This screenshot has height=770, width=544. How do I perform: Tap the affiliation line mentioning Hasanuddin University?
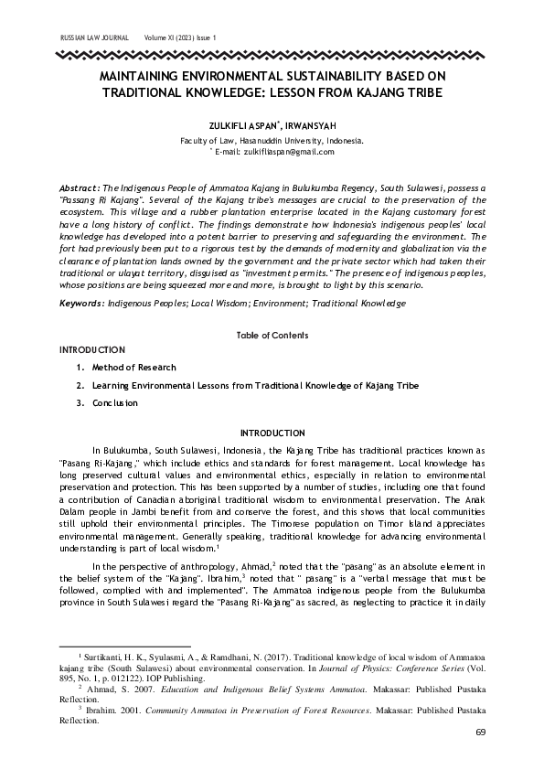click(x=272, y=141)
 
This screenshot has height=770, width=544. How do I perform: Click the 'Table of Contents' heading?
click(x=272, y=336)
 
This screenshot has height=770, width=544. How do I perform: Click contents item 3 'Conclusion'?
click(x=114, y=402)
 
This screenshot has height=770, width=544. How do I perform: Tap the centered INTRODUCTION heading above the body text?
click(x=272, y=433)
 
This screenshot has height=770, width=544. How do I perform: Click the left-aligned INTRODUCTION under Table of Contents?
click(x=91, y=349)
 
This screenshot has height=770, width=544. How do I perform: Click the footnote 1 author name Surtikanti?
click(x=107, y=657)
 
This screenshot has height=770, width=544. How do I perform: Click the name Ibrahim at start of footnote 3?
click(x=102, y=709)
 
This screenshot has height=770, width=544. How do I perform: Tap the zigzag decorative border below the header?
click(x=272, y=55)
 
